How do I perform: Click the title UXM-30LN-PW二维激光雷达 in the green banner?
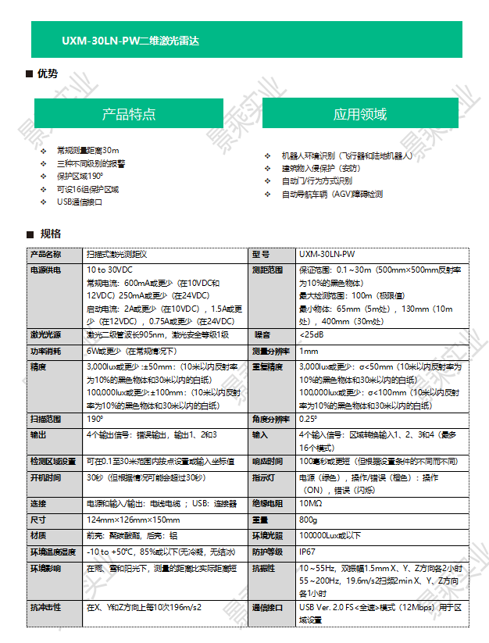130,40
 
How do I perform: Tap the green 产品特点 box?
129,114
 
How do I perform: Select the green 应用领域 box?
360,114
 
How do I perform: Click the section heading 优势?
48,74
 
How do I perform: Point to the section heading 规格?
50,234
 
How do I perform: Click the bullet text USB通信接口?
80,202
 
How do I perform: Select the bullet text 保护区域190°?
80,177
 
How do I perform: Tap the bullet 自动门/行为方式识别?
317,181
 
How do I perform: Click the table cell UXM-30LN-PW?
327,255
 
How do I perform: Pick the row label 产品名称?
45,255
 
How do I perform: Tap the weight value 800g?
309,520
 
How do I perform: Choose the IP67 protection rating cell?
308,552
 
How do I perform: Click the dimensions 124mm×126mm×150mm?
133,520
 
